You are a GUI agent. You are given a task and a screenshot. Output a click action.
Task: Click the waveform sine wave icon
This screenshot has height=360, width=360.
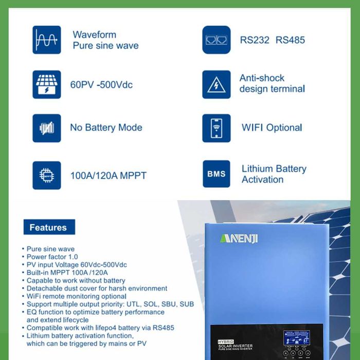46,40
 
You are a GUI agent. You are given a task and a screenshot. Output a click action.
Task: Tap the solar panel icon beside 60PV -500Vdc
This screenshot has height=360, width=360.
46,84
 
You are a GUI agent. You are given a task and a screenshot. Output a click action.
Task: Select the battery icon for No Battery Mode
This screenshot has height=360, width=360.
46,128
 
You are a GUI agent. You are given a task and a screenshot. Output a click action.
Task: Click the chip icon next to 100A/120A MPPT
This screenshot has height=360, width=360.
46,175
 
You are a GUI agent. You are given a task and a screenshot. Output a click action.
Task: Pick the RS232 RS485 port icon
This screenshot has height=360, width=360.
217,40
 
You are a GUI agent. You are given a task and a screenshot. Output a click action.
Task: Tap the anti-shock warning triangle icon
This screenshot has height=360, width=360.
217,84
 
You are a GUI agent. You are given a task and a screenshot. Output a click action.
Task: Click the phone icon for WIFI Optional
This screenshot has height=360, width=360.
217,128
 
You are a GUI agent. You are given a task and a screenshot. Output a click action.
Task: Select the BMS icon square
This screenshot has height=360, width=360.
217,174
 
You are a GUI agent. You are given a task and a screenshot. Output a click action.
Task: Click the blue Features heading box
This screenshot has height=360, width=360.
48,227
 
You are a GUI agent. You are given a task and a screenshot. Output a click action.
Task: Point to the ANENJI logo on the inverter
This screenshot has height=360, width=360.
239,239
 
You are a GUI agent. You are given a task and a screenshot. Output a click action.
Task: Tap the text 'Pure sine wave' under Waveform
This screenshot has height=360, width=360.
105,46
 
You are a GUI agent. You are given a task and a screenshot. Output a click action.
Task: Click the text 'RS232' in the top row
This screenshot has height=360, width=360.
255,40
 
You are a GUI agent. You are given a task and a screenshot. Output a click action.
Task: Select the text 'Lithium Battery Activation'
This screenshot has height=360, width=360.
274,174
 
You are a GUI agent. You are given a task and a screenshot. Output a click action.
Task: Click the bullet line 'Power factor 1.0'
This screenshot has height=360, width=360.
52,257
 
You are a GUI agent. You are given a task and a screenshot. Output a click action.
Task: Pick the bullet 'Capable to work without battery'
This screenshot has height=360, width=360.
76,281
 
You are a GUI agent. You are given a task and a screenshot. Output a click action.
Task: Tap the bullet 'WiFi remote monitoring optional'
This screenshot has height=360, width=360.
77,296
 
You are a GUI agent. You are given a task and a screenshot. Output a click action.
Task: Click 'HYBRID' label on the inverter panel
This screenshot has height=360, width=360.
226,341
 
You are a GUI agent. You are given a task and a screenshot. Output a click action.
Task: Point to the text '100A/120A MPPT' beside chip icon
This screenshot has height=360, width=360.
108,175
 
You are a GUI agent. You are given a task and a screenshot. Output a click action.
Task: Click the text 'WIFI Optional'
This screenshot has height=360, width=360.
272,128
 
